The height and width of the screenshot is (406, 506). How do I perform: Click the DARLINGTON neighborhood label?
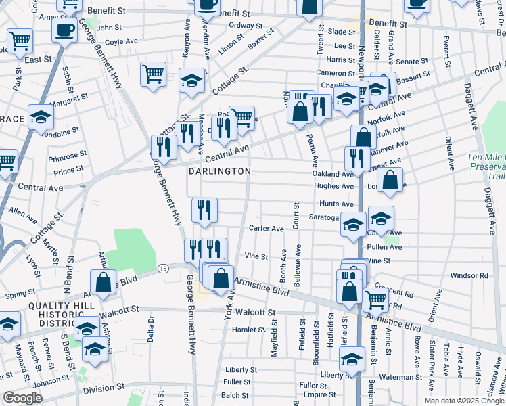click(x=221, y=171)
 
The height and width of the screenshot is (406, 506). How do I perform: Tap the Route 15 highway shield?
click(x=163, y=269)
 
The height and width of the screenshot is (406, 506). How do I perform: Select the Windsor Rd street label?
click(x=469, y=275)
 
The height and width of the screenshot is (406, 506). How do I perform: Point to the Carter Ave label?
click(x=267, y=229)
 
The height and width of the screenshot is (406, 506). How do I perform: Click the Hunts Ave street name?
click(x=337, y=204)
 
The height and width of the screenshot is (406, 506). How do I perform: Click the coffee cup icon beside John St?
click(x=65, y=30)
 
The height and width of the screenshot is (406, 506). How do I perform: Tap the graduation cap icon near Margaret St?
click(x=41, y=116)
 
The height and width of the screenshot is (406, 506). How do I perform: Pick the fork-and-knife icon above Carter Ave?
click(x=204, y=210)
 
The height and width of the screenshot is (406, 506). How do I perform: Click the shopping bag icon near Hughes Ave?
click(x=390, y=180)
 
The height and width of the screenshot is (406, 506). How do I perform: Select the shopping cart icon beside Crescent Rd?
click(x=375, y=299)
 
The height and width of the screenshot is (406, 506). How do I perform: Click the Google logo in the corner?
click(x=22, y=398)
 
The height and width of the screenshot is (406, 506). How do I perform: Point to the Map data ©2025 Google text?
click(x=464, y=401)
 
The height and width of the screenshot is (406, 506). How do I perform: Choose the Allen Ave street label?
click(x=23, y=216)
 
